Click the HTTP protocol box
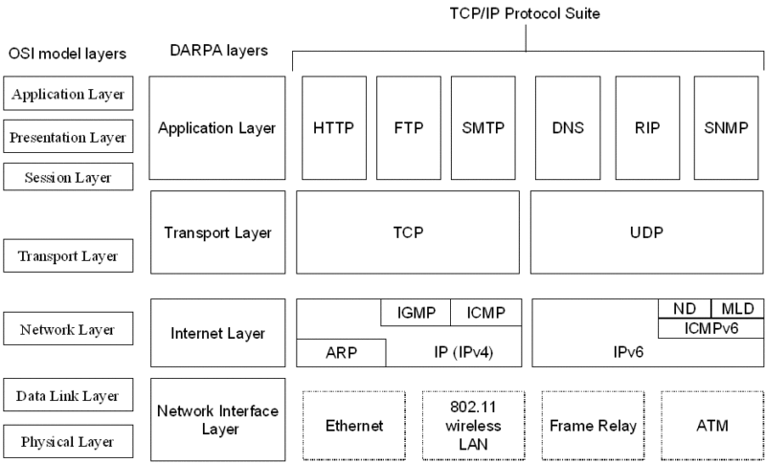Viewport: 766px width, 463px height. (x=333, y=128)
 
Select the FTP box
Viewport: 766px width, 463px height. (x=409, y=128)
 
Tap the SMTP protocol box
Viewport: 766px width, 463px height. (x=483, y=128)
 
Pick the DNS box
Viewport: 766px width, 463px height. (x=568, y=128)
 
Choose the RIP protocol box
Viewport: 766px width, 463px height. (x=647, y=128)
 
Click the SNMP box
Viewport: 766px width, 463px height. (x=726, y=128)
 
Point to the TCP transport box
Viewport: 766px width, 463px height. (x=408, y=231)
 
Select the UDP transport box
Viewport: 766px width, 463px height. (x=647, y=231)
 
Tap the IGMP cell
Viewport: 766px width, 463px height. (x=416, y=312)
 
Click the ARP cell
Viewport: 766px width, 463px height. (x=341, y=352)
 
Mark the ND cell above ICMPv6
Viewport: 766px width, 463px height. (x=685, y=308)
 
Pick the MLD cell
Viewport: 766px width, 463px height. (x=738, y=308)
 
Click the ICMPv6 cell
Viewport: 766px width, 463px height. (x=711, y=328)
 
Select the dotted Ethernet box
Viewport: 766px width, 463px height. (x=354, y=426)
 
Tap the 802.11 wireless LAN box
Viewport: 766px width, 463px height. (x=473, y=426)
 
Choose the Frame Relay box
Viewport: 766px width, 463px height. (x=593, y=426)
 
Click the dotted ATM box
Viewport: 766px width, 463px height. (x=712, y=426)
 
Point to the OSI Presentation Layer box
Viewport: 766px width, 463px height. (x=68, y=137)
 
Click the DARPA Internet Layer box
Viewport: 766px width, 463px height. (x=218, y=333)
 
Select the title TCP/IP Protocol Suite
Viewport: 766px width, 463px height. (x=525, y=13)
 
